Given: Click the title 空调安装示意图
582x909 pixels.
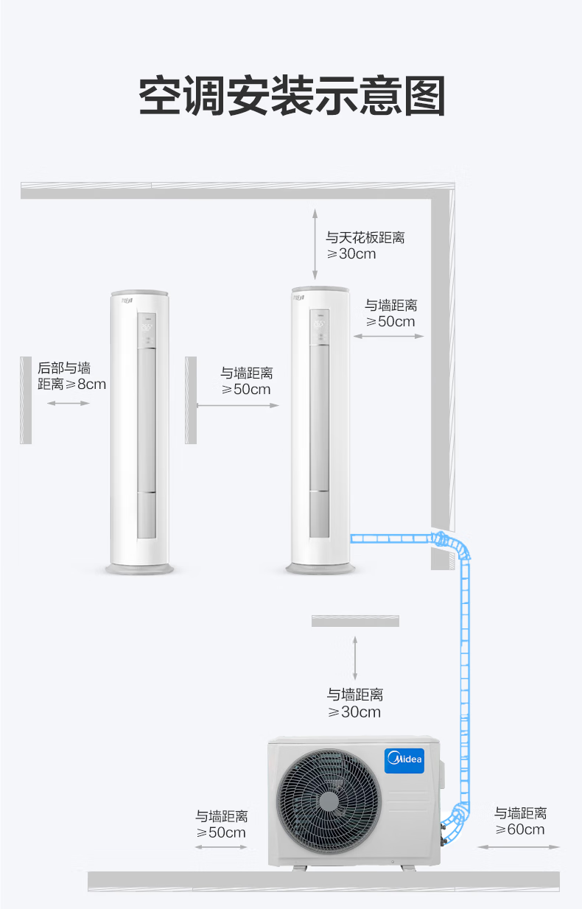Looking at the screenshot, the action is point(292,96).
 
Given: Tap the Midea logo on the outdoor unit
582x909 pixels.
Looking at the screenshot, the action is point(404,760).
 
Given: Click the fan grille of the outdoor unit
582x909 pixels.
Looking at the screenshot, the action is point(329,801).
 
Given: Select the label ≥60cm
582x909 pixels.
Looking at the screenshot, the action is point(520,829).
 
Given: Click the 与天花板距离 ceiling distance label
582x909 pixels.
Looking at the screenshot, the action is point(365,237).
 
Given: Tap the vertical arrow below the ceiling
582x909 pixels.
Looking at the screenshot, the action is point(315,245).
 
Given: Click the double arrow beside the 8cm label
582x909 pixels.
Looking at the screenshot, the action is point(69,403).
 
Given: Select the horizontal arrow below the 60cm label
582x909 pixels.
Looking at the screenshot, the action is point(519,847).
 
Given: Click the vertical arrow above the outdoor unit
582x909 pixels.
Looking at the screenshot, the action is point(355,658).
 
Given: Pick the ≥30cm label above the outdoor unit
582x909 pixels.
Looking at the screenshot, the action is point(354,712).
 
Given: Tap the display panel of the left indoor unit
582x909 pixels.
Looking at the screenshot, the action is point(147,330).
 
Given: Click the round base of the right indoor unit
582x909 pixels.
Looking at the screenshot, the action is point(320,568).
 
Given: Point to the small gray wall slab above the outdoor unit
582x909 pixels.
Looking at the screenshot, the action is point(355,621).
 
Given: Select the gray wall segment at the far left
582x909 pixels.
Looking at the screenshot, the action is point(26,400).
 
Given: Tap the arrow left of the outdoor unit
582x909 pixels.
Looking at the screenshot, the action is point(221,847).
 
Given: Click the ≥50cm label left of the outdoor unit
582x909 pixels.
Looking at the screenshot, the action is point(221,832).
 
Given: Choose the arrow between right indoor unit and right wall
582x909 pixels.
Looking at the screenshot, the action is point(388,336).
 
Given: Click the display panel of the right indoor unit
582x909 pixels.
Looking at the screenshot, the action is point(320,327).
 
